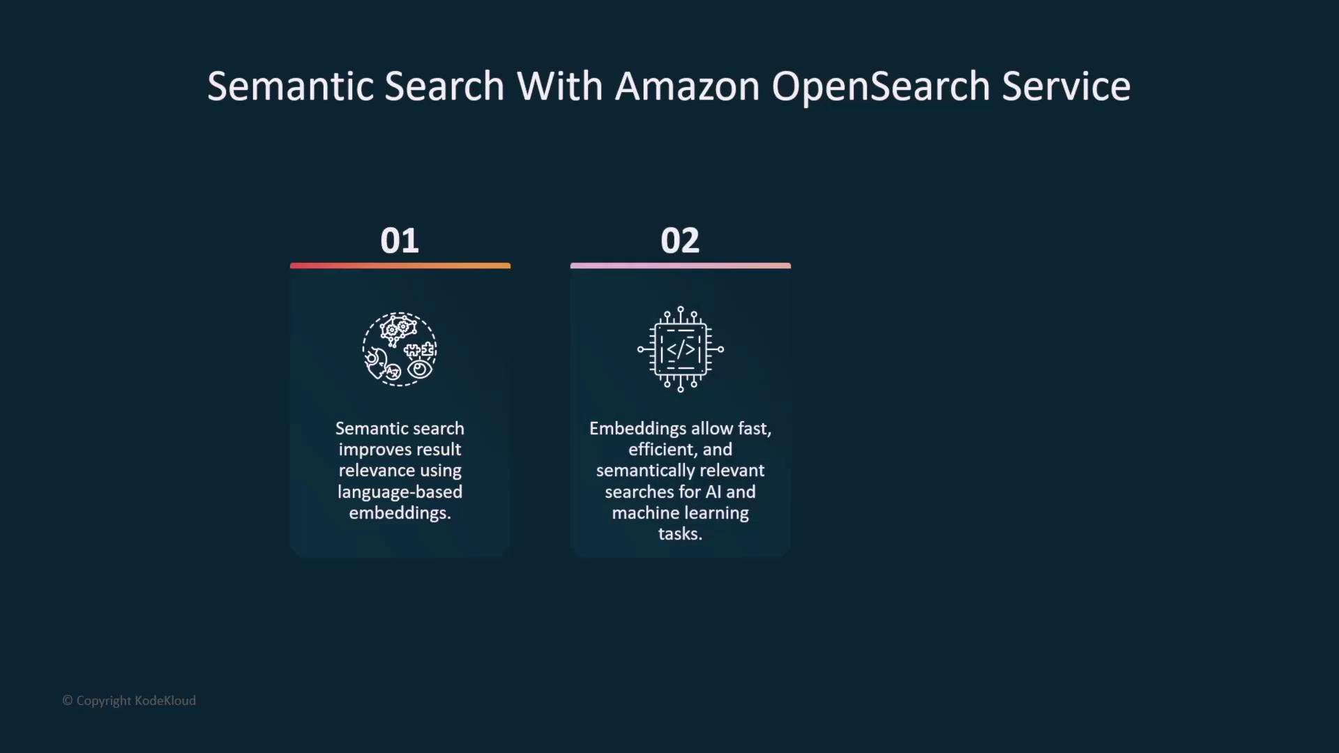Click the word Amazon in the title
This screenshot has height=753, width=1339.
(687, 86)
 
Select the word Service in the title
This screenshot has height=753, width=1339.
(1066, 86)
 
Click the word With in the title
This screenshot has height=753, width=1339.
(559, 86)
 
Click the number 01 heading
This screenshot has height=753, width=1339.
(400, 241)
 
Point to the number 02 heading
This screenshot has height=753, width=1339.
(680, 241)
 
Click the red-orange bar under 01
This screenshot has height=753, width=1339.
(400, 266)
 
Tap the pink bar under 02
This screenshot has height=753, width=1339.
(681, 266)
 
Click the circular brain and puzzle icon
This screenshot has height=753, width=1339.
(400, 349)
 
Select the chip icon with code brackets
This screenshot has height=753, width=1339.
(681, 349)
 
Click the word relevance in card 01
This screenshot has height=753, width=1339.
(377, 471)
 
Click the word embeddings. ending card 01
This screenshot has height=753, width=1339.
(400, 513)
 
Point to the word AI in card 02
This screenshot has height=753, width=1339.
(713, 492)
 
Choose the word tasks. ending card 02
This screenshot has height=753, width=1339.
(680, 534)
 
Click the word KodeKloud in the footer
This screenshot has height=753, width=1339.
(165, 701)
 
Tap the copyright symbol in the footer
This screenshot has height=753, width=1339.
(68, 701)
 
